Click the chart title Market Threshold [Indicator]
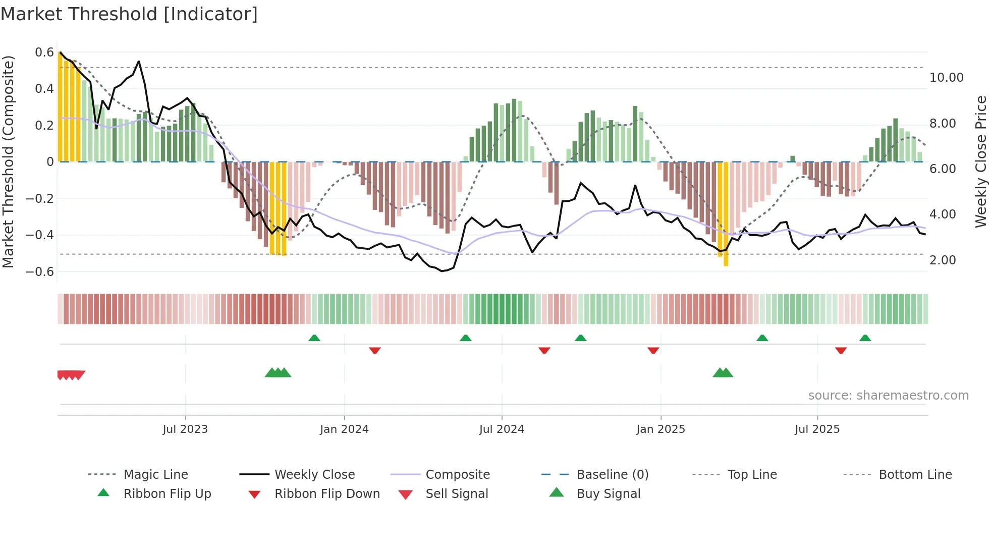[129, 14]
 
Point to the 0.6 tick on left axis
[44, 52]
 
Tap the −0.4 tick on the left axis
[40, 235]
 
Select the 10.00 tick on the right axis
[947, 78]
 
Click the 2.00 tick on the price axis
[943, 260]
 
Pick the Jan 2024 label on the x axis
[344, 429]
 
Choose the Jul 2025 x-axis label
[817, 429]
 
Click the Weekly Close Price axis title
[980, 161]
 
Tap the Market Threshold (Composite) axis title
[8, 161]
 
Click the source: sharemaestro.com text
[888, 396]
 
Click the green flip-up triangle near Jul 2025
[865, 338]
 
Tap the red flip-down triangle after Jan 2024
[374, 350]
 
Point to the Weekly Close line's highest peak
[139, 62]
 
